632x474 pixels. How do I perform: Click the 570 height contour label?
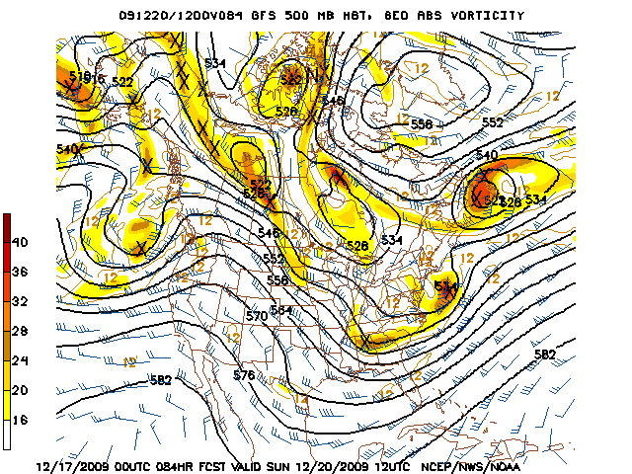pos(257,316)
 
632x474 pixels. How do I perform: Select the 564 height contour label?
pos(281,311)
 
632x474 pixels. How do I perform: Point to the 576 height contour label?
pos(244,375)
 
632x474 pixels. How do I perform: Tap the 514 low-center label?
pos(446,286)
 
